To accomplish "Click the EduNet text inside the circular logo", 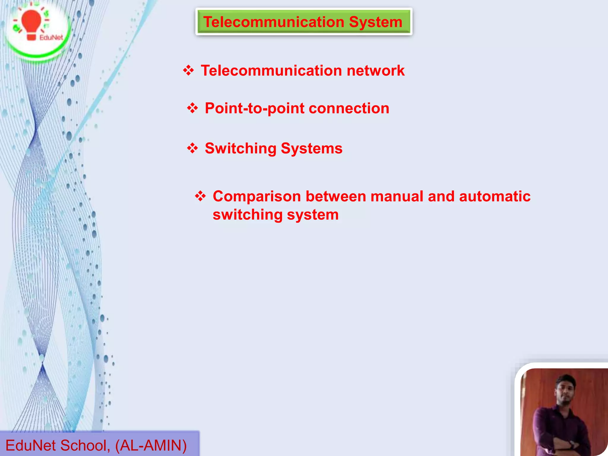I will [51, 38].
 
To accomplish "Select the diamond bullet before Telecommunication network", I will [189, 71].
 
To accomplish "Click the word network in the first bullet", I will [376, 71].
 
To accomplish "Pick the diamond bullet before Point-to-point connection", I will [192, 108].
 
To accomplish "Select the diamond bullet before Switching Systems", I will [192, 148].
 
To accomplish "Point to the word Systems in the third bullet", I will [311, 148].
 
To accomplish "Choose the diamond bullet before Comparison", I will [200, 196].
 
